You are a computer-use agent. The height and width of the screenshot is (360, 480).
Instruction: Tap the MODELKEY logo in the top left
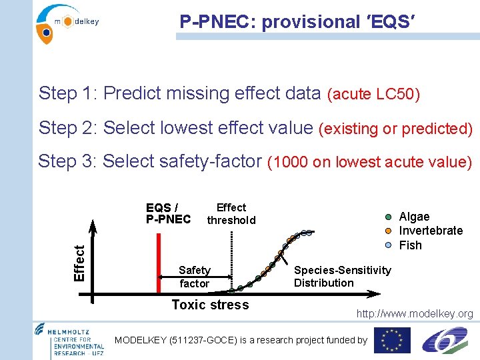pyautogui.click(x=67, y=22)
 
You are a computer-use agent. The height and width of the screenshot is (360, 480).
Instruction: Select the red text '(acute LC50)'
pyautogui.click(x=373, y=94)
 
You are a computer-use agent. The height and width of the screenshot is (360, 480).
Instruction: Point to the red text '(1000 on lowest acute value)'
pyautogui.click(x=369, y=162)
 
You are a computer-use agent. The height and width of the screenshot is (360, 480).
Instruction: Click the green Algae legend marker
pyautogui.click(x=389, y=217)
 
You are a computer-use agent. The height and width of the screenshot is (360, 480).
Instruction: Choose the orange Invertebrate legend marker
pyautogui.click(x=389, y=231)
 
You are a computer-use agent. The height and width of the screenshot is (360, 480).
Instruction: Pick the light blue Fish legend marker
pyautogui.click(x=389, y=245)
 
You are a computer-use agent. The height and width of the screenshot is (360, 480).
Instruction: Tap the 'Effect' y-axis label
pyautogui.click(x=79, y=262)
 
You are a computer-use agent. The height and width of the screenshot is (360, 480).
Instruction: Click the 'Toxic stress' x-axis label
pyautogui.click(x=210, y=305)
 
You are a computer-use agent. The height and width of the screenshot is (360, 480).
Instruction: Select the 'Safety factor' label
pyautogui.click(x=194, y=277)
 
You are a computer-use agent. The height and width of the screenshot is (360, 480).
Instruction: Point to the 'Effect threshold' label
pyautogui.click(x=231, y=214)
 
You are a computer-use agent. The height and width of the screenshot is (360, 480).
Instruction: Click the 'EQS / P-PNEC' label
pyautogui.click(x=168, y=213)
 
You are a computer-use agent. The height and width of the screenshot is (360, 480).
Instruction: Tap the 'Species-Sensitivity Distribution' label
pyautogui.click(x=342, y=276)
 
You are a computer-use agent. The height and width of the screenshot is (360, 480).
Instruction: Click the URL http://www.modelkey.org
pyautogui.click(x=414, y=314)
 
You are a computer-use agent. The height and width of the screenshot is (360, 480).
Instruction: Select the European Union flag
pyautogui.click(x=392, y=340)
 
